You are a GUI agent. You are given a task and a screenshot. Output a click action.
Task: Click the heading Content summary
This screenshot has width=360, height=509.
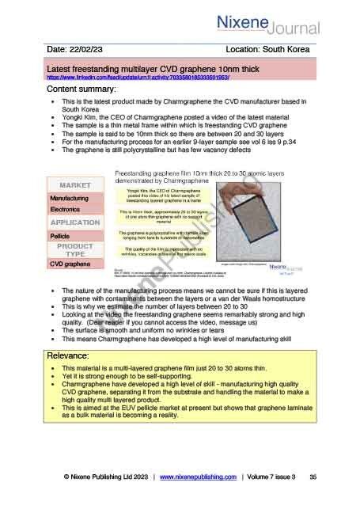(82, 90)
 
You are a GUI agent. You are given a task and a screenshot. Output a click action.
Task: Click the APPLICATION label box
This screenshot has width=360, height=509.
(79, 223)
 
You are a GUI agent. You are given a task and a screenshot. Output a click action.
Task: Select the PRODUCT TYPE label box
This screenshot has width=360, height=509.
(79, 251)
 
